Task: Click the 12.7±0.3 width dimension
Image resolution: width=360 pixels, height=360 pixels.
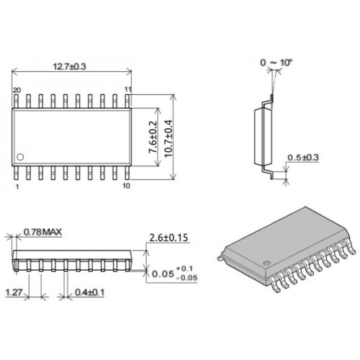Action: click(69, 66)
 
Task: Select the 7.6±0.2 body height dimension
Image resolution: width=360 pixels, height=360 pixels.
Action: click(153, 137)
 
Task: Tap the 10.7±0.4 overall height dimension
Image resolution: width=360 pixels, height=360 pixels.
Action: click(168, 138)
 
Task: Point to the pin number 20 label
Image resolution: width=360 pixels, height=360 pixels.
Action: click(17, 90)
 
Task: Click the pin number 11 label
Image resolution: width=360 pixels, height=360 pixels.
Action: click(128, 89)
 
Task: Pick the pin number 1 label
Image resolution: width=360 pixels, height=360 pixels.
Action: click(17, 186)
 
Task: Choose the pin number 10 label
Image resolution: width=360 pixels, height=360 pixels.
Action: click(126, 186)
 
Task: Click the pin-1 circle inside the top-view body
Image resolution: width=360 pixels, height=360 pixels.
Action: click(20, 157)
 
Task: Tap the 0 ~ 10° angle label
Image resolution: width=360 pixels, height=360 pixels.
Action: click(276, 63)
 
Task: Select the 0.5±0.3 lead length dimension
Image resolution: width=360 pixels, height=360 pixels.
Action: click(303, 158)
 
